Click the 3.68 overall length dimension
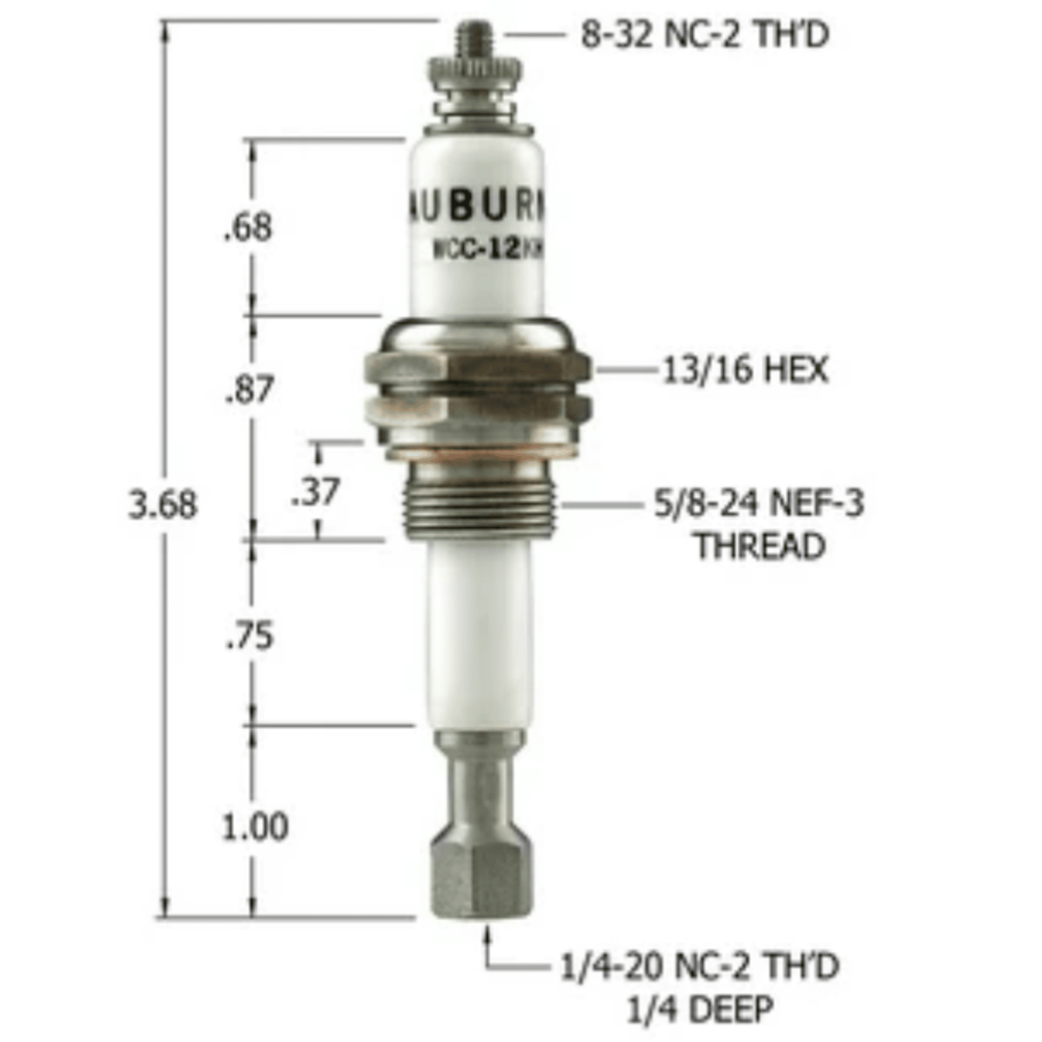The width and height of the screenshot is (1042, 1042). (162, 504)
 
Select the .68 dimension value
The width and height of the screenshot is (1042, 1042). (248, 228)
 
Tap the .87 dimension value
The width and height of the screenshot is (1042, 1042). (250, 389)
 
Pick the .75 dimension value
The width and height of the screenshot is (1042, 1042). (250, 636)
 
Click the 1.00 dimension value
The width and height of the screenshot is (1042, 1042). (255, 826)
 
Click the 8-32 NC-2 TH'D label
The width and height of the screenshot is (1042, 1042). (705, 35)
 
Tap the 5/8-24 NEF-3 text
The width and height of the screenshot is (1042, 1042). (758, 503)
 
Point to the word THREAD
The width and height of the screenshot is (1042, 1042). (759, 546)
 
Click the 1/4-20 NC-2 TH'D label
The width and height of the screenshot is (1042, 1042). (699, 966)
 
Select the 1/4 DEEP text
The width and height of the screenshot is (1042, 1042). (699, 1009)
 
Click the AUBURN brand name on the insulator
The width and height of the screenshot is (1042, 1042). (477, 207)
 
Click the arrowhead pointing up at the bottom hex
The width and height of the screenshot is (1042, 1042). (489, 935)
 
